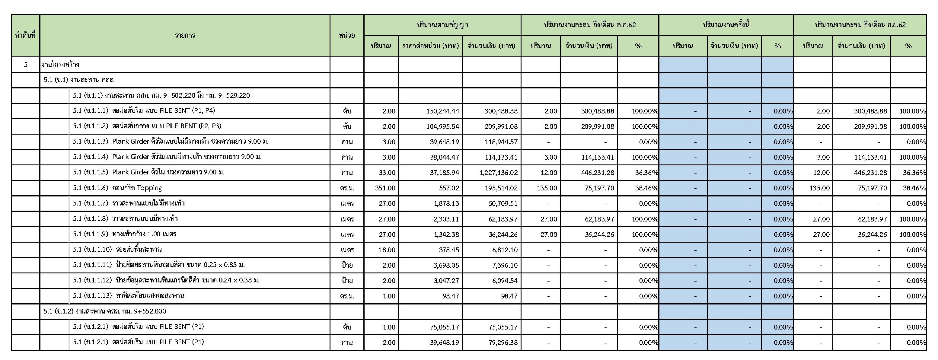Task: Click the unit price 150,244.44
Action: [x=442, y=111]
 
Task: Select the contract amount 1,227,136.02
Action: [x=499, y=173]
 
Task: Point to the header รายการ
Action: [x=185, y=35]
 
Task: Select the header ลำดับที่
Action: [x=25, y=35]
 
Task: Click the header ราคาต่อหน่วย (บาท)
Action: [x=430, y=46]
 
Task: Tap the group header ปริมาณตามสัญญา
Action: [x=442, y=25]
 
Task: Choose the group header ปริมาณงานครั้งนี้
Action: [x=726, y=25]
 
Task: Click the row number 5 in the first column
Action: [x=25, y=65]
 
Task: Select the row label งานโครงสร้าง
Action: [x=60, y=65]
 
